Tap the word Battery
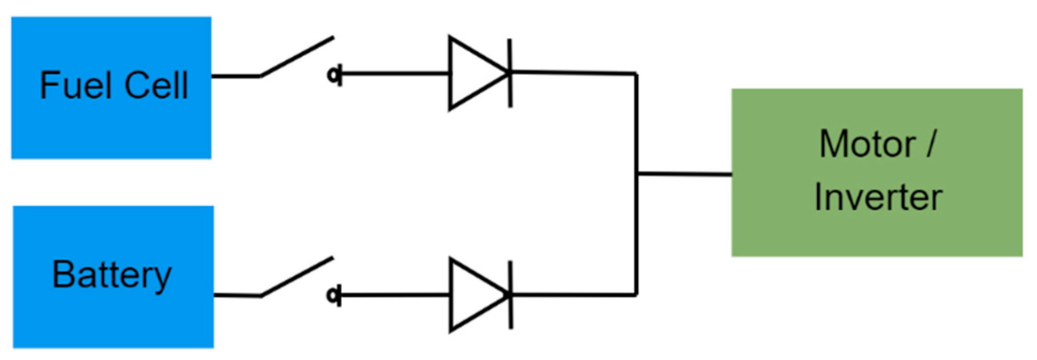111,275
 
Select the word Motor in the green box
867,144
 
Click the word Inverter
878,198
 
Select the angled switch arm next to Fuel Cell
297,57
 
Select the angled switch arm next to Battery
297,277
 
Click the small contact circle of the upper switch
333,75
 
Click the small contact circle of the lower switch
333,296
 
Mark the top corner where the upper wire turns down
636,74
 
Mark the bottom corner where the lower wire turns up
636,295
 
